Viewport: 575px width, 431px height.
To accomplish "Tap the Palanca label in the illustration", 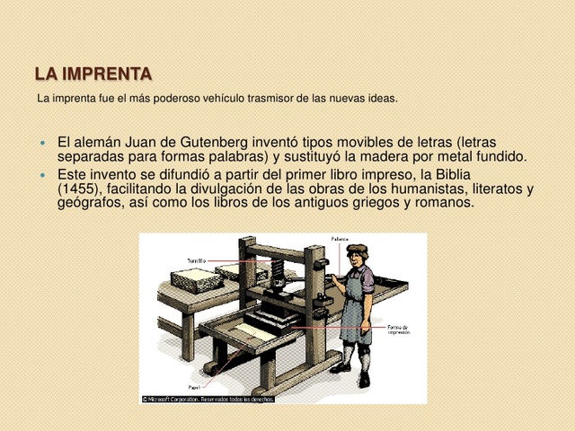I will (x=340, y=240).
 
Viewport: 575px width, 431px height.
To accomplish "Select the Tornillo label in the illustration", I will (x=196, y=260).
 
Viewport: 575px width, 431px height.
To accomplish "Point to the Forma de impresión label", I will (x=399, y=330).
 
